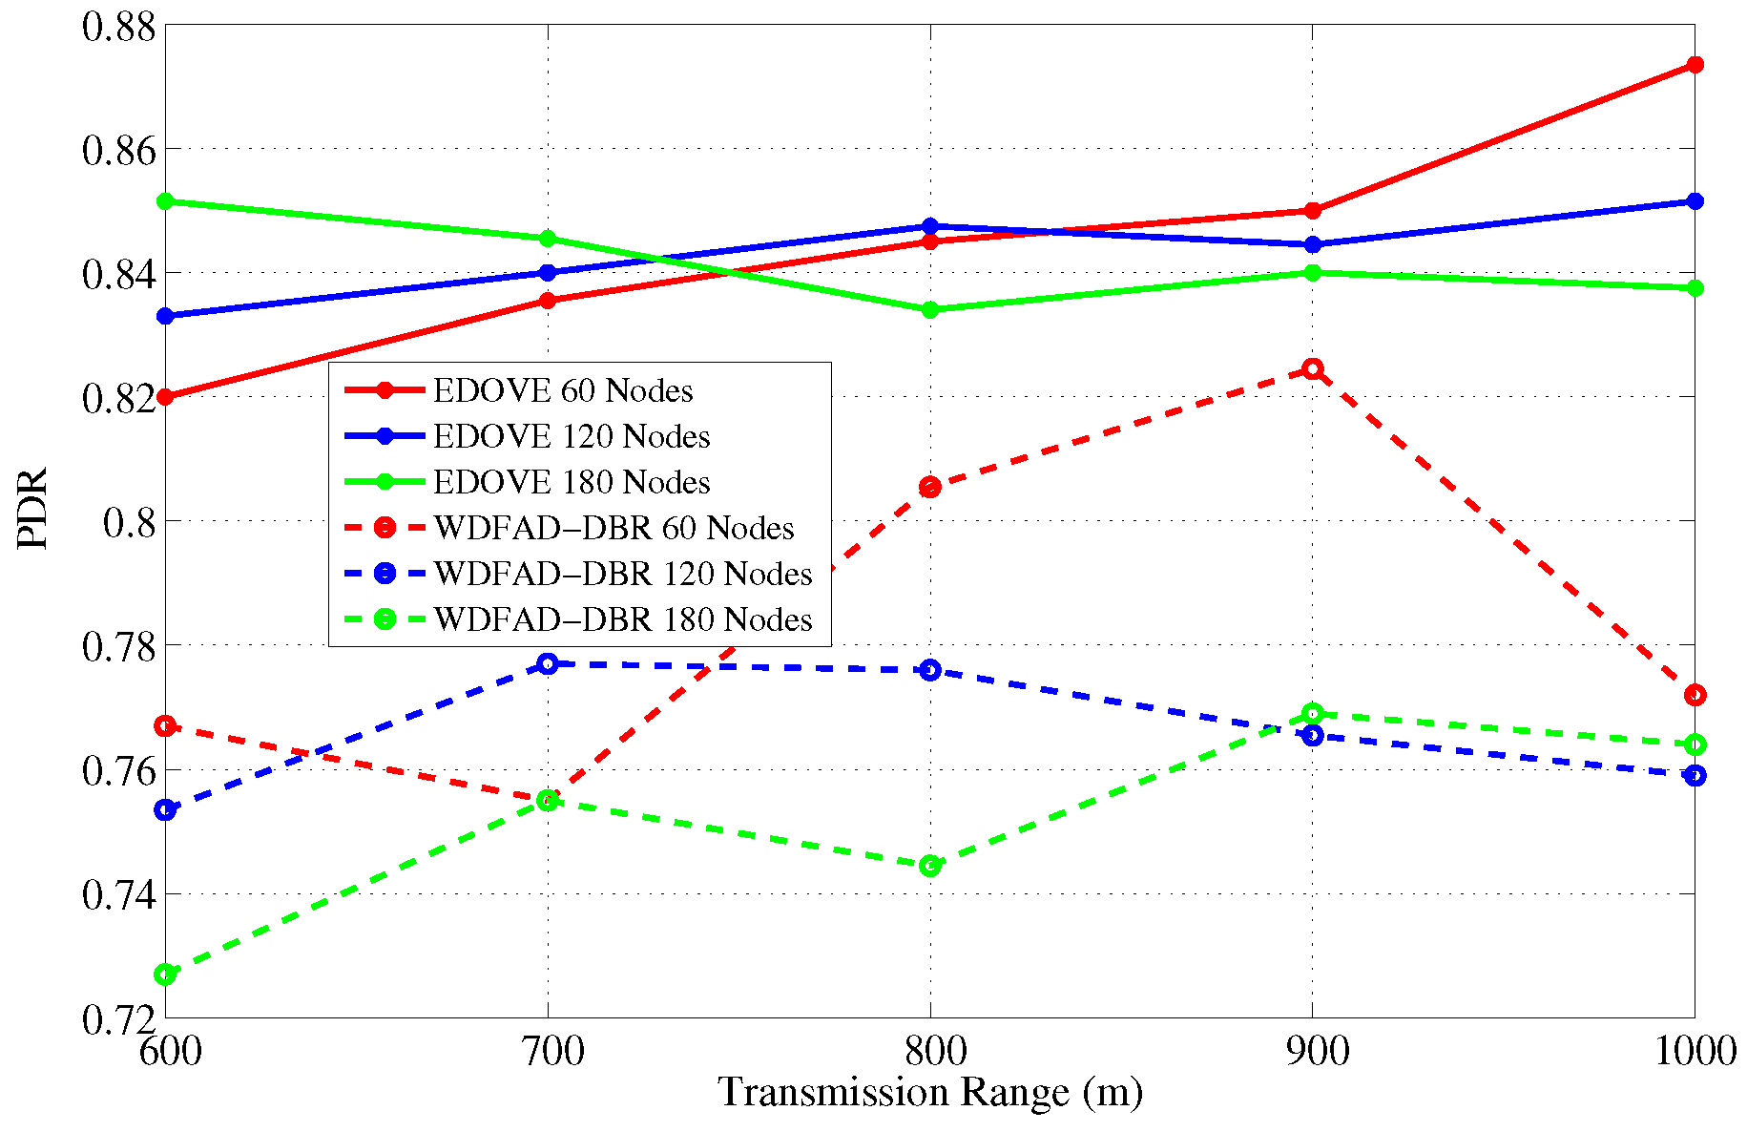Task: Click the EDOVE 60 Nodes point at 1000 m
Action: (x=1695, y=65)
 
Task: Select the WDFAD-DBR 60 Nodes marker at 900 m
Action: (x=1313, y=369)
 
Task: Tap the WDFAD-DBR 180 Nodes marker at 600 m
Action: (x=165, y=975)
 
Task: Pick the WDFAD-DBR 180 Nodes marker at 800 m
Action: (x=930, y=866)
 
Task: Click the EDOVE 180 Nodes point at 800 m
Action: (x=930, y=309)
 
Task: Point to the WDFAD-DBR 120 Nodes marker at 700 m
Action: (x=548, y=663)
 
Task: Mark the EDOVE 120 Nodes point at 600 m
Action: (x=165, y=316)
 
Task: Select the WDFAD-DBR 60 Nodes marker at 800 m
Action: (x=930, y=488)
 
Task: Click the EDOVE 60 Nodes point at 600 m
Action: (x=165, y=397)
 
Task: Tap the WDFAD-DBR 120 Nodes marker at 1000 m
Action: (x=1695, y=775)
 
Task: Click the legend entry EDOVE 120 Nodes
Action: (x=571, y=436)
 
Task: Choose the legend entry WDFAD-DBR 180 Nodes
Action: (x=622, y=619)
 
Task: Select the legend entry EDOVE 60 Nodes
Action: (x=562, y=390)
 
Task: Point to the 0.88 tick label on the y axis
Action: (x=118, y=26)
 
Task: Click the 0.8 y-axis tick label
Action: (x=128, y=522)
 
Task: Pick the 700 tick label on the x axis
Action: (x=548, y=1052)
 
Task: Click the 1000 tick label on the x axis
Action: (x=1694, y=1052)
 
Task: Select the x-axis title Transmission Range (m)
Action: (x=930, y=1092)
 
